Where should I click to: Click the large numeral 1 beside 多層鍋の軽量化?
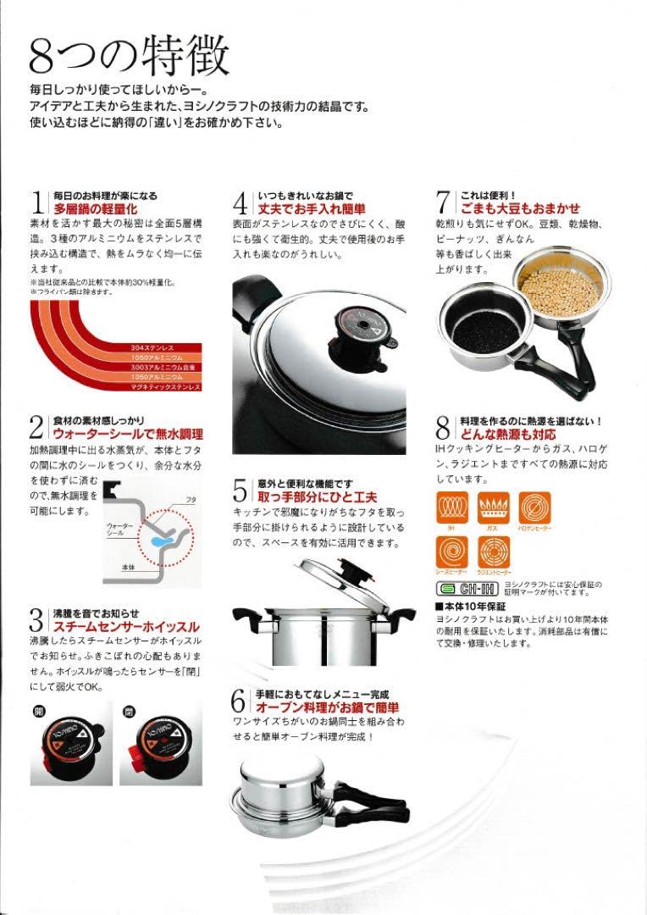click(37, 202)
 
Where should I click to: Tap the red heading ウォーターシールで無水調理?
click(115, 432)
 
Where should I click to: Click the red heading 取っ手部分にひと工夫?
click(318, 496)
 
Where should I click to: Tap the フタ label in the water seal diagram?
click(191, 501)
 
